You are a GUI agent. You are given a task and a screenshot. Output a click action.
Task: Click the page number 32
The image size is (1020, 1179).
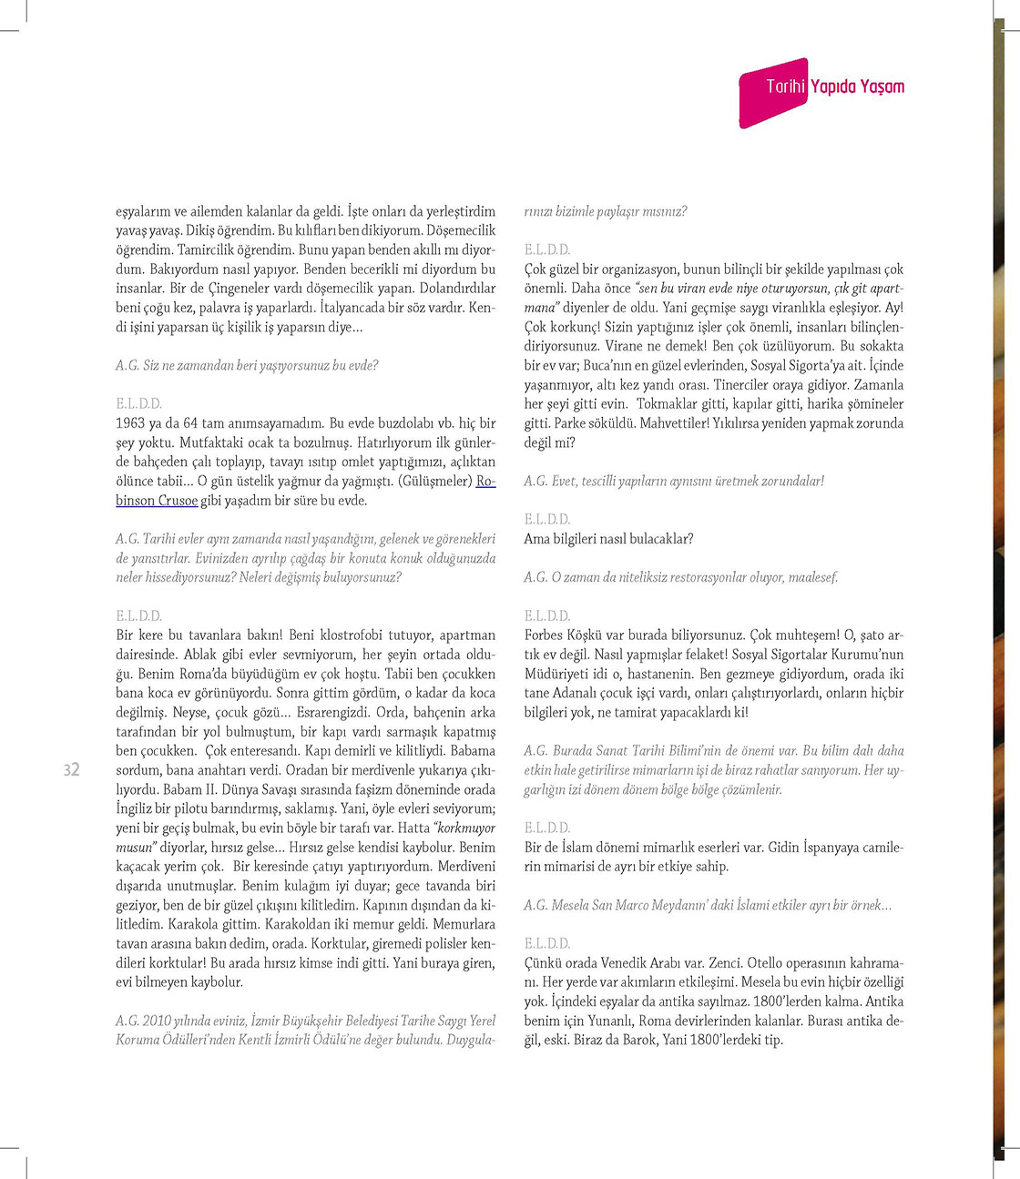(x=72, y=770)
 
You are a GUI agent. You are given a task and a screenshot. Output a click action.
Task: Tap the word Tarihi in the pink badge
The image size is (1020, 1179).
(x=785, y=86)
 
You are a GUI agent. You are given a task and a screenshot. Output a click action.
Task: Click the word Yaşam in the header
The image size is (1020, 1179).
(x=882, y=86)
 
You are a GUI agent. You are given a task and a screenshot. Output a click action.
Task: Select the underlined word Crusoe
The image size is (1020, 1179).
(x=178, y=501)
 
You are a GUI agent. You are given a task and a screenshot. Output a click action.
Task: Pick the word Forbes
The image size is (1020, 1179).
(x=545, y=635)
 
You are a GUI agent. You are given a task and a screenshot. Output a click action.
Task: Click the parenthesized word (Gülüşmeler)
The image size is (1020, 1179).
(x=435, y=482)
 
